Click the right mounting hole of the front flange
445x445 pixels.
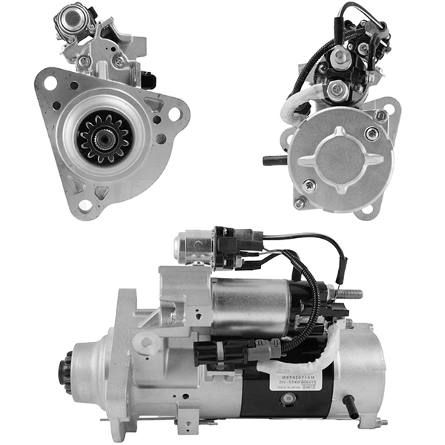click(x=174, y=115)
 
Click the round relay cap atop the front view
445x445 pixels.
click(x=73, y=14)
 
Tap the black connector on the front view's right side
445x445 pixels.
click(x=149, y=80)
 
